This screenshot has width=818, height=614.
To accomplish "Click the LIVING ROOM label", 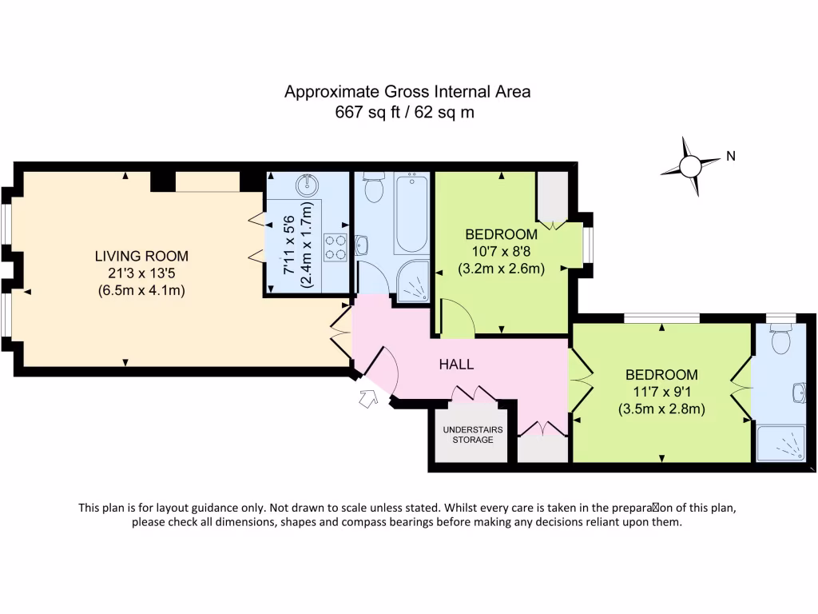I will pos(141,256).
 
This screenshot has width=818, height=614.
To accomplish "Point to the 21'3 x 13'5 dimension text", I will pos(141,273).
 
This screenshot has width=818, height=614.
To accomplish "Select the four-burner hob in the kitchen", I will pos(335,246).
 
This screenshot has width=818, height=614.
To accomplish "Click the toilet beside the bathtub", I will pos(373,189).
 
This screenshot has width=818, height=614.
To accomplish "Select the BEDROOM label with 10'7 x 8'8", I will pos(501,234).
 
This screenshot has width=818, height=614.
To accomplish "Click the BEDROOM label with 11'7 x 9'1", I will pos(661,374).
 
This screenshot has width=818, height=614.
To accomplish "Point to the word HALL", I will pos(456,364).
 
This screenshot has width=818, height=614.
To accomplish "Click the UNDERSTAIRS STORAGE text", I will pos(473,434).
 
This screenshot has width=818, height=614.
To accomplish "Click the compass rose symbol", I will pos(689,166).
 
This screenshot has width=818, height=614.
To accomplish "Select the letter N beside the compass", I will pos(730,157).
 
